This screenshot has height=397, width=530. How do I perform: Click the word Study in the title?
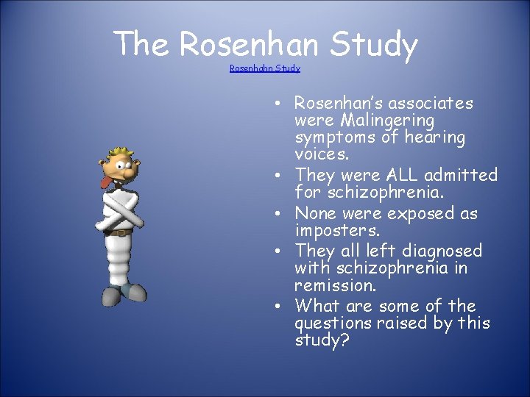(373, 46)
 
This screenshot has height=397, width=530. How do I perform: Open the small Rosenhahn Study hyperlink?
(265, 68)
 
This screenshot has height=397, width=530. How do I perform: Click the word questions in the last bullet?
(336, 323)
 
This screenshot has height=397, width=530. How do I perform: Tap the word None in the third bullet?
(317, 213)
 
